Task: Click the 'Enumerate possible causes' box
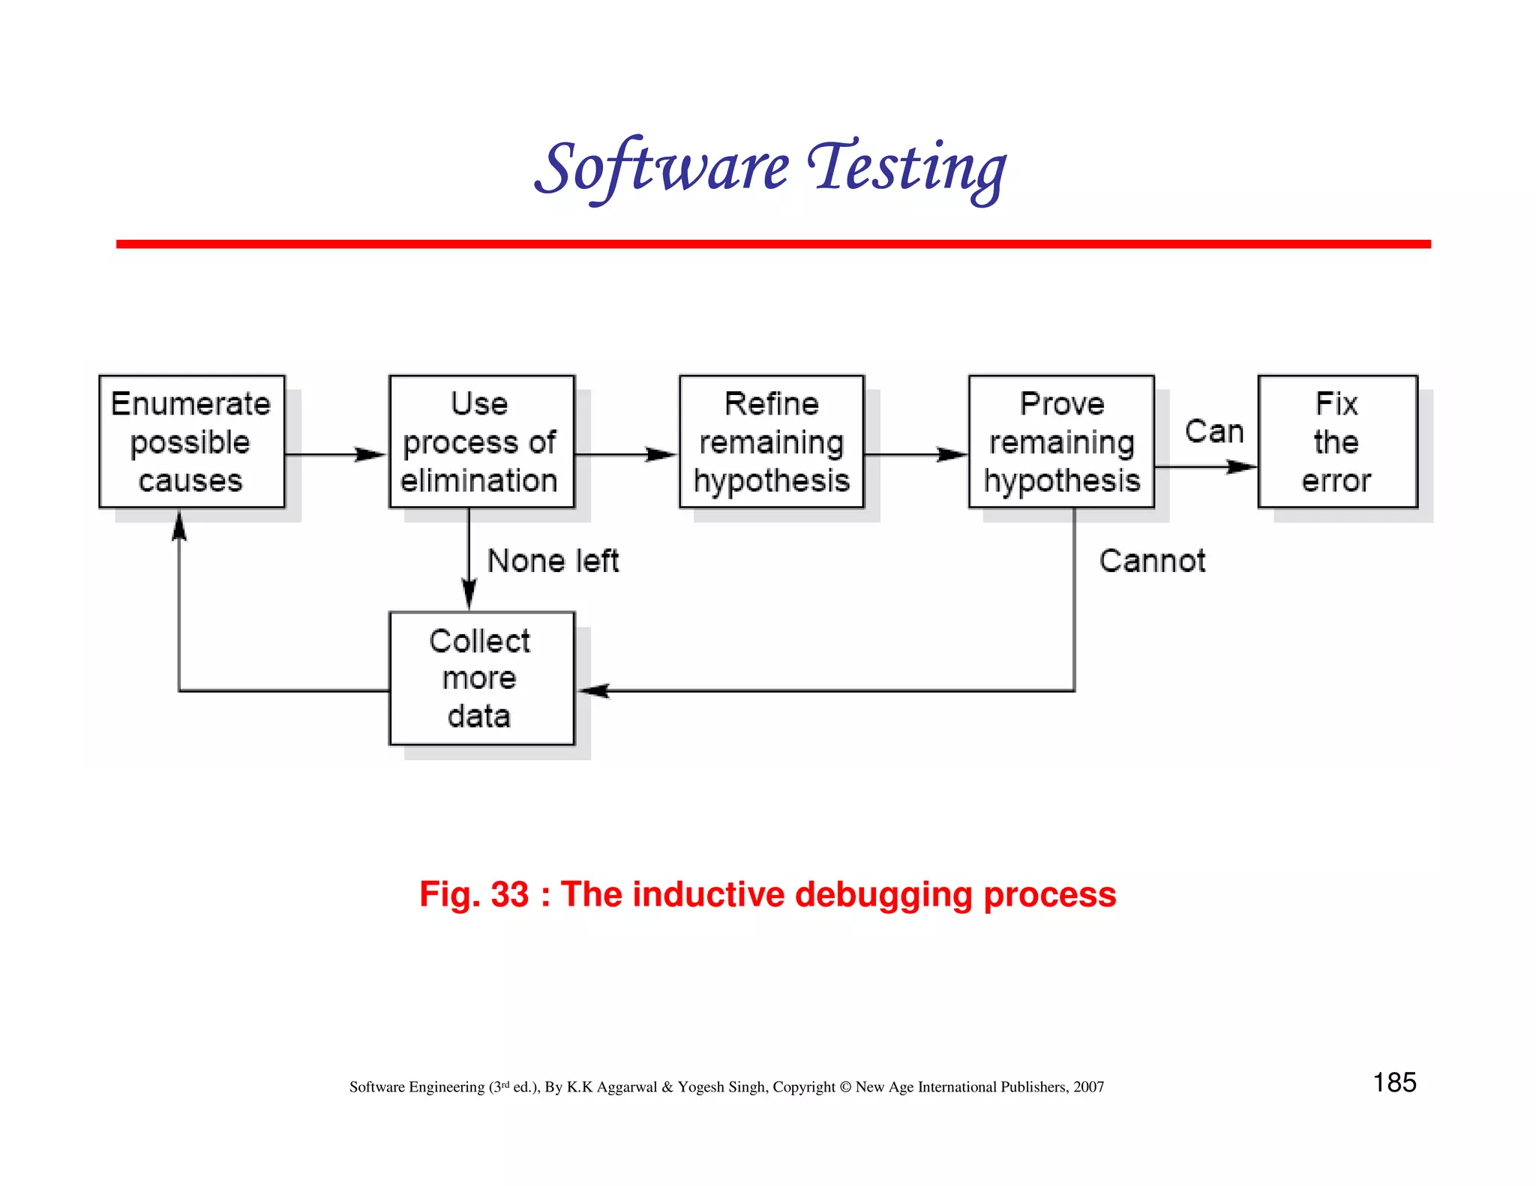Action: pyautogui.click(x=192, y=442)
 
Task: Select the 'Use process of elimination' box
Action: pyautogui.click(x=481, y=442)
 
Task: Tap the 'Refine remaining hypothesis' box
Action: pyautogui.click(x=772, y=442)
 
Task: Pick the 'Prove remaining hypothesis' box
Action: pyautogui.click(x=1061, y=442)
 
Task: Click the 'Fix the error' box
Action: pyautogui.click(x=1337, y=442)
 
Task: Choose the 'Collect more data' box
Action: pyautogui.click(x=481, y=678)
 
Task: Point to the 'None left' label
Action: pyautogui.click(x=553, y=561)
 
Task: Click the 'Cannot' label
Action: pyautogui.click(x=1152, y=561)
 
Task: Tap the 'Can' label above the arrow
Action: pyautogui.click(x=1214, y=432)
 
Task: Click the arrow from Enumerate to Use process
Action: pyautogui.click(x=336, y=454)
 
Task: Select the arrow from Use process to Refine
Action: pyautogui.click(x=626, y=454)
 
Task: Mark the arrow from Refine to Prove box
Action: pyautogui.click(x=916, y=454)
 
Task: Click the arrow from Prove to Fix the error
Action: pyautogui.click(x=1206, y=467)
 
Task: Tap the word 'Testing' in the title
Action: pyautogui.click(x=907, y=168)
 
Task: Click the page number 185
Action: pyautogui.click(x=1394, y=1083)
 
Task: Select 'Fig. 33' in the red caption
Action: pyautogui.click(x=474, y=894)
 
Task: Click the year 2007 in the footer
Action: pyautogui.click(x=1088, y=1087)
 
